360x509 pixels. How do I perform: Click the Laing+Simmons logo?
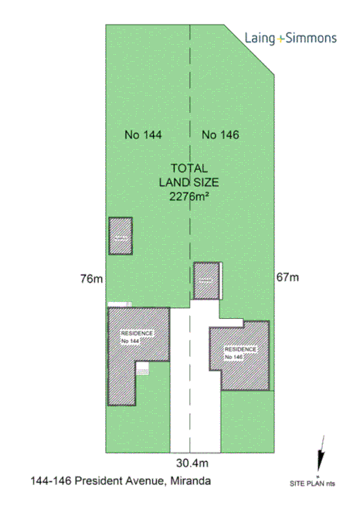[x=290, y=38]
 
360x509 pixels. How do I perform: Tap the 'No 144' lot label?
[x=143, y=135]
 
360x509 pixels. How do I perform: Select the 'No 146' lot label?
[x=220, y=135]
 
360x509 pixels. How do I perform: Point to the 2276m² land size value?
[x=190, y=196]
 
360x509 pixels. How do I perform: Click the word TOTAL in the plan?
[x=190, y=168]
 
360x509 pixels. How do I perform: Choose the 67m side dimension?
[x=287, y=277]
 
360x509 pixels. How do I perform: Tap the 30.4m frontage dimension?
[x=193, y=463]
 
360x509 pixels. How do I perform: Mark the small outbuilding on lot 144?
[x=120, y=236]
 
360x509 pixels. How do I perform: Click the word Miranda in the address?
[x=190, y=482]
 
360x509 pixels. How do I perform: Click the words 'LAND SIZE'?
[x=190, y=182]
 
